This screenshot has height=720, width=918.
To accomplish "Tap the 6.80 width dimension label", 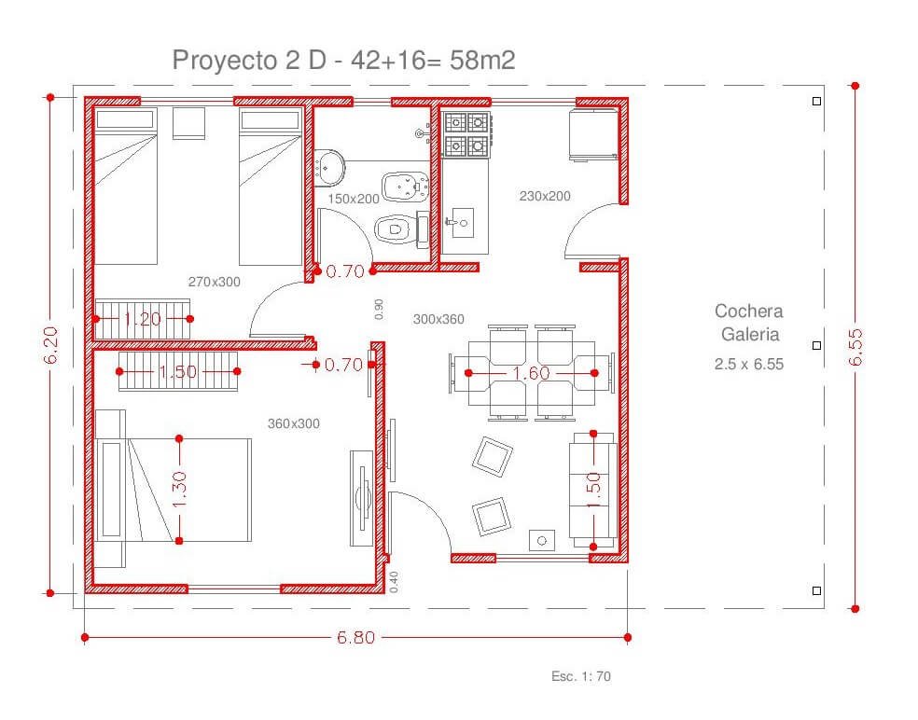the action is (x=355, y=638).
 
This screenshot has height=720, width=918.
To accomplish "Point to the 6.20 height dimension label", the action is (x=51, y=345).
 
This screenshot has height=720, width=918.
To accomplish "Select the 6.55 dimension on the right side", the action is (x=855, y=347).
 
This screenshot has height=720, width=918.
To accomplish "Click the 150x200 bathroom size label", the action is (x=353, y=199).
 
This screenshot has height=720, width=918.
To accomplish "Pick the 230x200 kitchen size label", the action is (x=545, y=196).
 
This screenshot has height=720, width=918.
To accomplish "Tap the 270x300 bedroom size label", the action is (x=215, y=282).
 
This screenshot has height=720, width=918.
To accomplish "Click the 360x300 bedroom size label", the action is (x=293, y=423).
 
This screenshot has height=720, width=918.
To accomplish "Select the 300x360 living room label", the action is (x=438, y=319).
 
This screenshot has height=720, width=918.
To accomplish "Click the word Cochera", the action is (x=749, y=311).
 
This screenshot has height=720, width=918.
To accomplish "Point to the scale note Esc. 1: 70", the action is (x=581, y=676).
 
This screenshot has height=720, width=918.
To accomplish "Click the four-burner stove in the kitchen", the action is (x=466, y=135).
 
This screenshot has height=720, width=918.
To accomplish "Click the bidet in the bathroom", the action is (x=405, y=187).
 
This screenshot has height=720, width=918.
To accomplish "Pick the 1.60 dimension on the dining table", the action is (x=531, y=373).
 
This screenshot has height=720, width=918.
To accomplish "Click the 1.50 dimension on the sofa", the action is (x=593, y=491).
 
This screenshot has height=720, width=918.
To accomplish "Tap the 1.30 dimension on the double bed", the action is (x=179, y=490).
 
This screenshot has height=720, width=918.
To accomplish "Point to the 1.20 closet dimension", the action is (x=142, y=319).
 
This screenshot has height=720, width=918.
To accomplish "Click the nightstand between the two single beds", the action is (x=189, y=123).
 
